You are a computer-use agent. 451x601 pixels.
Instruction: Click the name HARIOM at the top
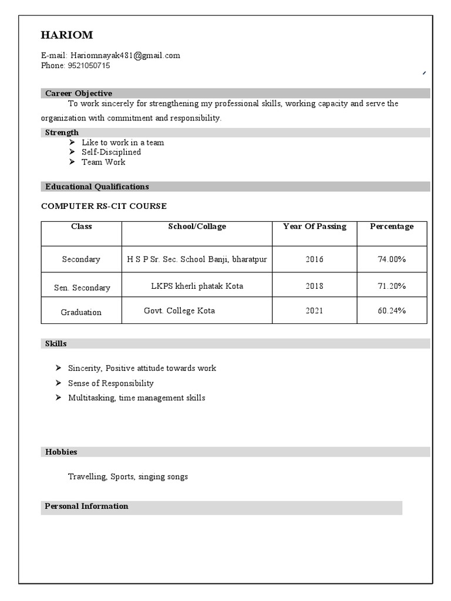pyautogui.click(x=67, y=35)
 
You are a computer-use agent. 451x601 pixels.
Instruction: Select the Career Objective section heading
pyautogui.click(x=79, y=93)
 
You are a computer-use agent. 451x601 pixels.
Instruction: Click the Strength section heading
pyautogui.click(x=62, y=133)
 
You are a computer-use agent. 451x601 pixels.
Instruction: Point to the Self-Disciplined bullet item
pyautogui.click(x=111, y=152)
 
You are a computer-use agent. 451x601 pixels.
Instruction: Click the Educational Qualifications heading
pyautogui.click(x=97, y=187)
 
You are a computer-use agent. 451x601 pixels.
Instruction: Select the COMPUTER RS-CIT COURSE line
pyautogui.click(x=104, y=206)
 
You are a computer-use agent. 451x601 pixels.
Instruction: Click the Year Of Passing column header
pyautogui.click(x=314, y=227)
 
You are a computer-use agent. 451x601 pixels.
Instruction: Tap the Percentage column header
pyautogui.click(x=392, y=227)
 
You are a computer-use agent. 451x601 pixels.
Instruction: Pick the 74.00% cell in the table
pyautogui.click(x=392, y=259)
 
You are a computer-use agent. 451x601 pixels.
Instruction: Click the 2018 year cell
pyautogui.click(x=314, y=286)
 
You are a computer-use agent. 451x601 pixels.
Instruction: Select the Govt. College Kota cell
pyautogui.click(x=179, y=310)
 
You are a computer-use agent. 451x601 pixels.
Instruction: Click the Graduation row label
pyautogui.click(x=81, y=312)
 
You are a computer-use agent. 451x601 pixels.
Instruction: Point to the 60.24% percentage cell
pyautogui.click(x=392, y=310)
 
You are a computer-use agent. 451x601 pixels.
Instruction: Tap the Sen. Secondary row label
pyautogui.click(x=82, y=288)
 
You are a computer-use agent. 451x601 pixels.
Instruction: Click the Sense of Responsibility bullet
pyautogui.click(x=110, y=383)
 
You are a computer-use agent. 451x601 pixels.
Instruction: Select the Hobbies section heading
pyautogui.click(x=61, y=452)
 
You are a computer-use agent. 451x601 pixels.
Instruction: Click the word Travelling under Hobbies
pyautogui.click(x=87, y=477)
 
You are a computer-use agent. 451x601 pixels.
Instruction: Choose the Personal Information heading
pyautogui.click(x=86, y=506)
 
